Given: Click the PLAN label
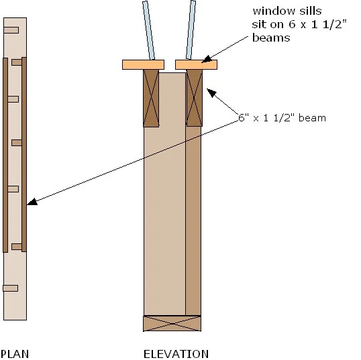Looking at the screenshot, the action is tap(15, 354).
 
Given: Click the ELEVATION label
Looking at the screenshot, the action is tap(176, 354).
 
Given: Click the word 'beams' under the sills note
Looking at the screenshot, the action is tap(271, 38).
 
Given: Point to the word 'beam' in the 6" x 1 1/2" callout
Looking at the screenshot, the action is tap(312, 118).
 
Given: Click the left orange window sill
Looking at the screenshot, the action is tap(143, 64).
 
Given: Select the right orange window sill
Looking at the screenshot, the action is tap(196, 64).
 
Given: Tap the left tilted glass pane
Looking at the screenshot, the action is tap(148, 30).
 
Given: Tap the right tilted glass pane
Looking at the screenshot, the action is tap(191, 30).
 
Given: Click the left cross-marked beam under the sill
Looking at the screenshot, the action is tap(151, 99).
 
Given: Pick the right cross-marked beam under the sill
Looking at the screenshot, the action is tap(195, 98).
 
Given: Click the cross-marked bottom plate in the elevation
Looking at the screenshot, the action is tap(172, 323).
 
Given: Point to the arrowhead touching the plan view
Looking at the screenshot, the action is tap(32, 201).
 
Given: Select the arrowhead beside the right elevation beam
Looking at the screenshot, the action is tap(211, 93).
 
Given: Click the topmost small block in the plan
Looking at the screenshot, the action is tap(11, 30).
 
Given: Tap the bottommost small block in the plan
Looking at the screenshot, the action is tap(10, 288).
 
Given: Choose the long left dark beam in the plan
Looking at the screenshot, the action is tap(5, 155).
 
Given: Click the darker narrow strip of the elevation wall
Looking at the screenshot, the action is tap(193, 221).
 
